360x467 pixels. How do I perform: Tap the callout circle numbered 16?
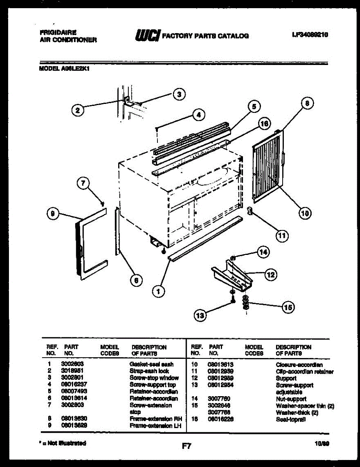[264, 124]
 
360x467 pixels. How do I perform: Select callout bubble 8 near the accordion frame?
[307, 103]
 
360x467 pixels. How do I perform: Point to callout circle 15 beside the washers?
[288, 307]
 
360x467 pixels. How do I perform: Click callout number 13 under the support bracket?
[200, 316]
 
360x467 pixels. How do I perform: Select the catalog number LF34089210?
[310, 35]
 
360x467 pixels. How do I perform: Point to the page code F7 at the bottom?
[187, 446]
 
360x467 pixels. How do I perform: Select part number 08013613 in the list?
[220, 365]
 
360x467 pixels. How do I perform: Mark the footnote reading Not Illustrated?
[64, 443]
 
